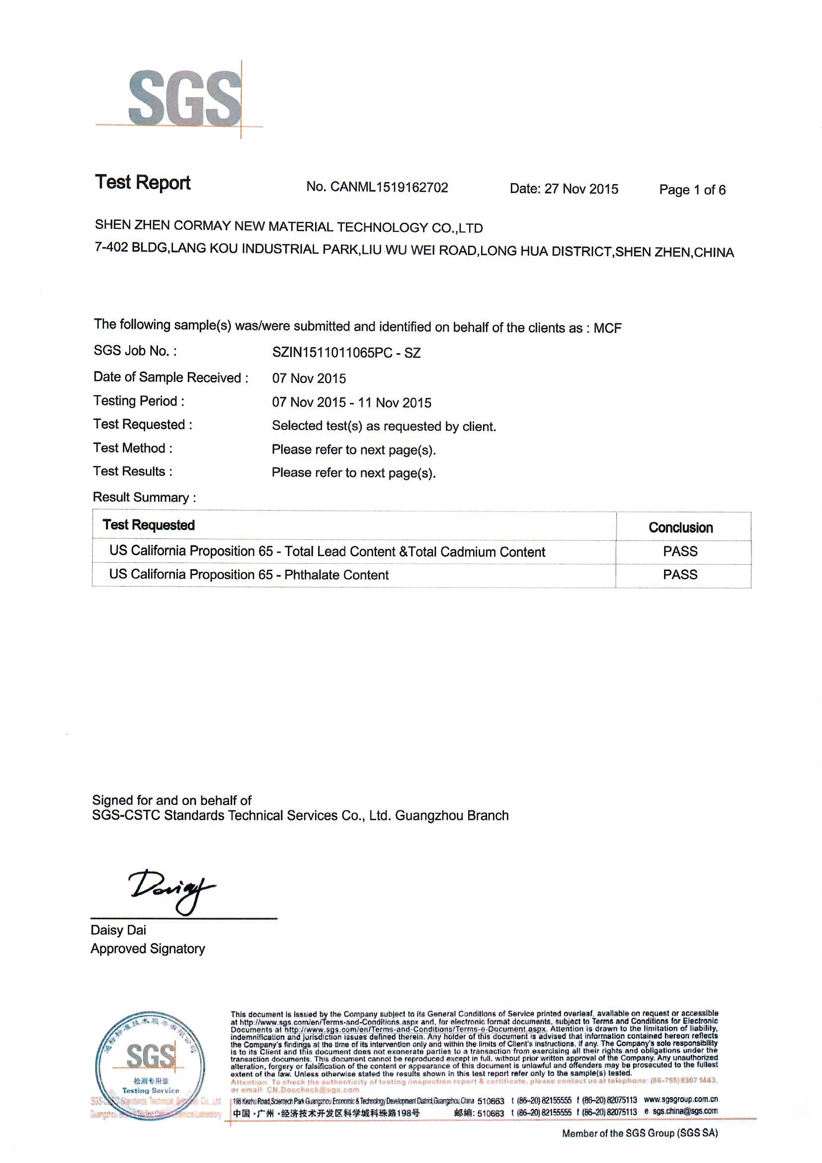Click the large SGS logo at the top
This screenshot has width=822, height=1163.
pos(185,99)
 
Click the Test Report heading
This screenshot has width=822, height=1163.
pos(143,183)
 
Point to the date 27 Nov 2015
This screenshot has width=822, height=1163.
pos(581,189)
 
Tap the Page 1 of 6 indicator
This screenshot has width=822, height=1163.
pos(692,190)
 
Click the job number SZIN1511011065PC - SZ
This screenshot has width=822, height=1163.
pos(346,353)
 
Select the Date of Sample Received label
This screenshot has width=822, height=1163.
pos(170,378)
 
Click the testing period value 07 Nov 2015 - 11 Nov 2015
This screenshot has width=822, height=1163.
pos(352,403)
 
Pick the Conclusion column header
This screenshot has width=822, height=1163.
pos(681,528)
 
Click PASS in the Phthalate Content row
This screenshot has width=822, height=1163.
pos(680,575)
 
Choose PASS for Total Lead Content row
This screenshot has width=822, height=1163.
pos(680,551)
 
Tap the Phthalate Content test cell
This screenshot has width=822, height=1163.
pos(249,575)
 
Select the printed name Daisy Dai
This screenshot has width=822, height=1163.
pos(118,930)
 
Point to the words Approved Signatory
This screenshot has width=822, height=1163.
pos(148,949)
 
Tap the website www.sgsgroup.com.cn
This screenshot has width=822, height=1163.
pos(681,1100)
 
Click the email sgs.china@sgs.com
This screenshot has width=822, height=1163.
pos(685,1111)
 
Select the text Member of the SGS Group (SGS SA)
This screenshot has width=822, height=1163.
pos(640,1133)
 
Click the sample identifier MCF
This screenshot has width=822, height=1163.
pos(607,328)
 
